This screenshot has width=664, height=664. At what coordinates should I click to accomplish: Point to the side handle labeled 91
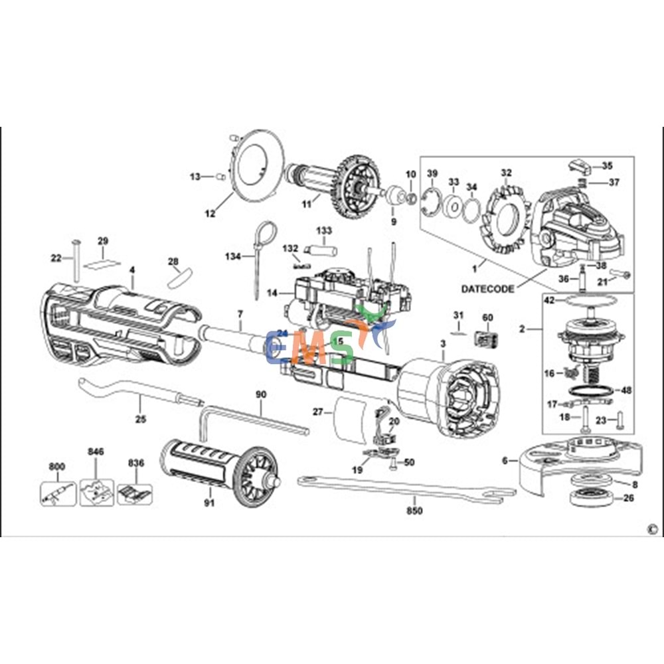point(219,465)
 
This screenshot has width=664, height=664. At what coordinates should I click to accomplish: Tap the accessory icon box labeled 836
point(135,492)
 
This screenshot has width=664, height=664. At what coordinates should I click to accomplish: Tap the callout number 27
point(318,412)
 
